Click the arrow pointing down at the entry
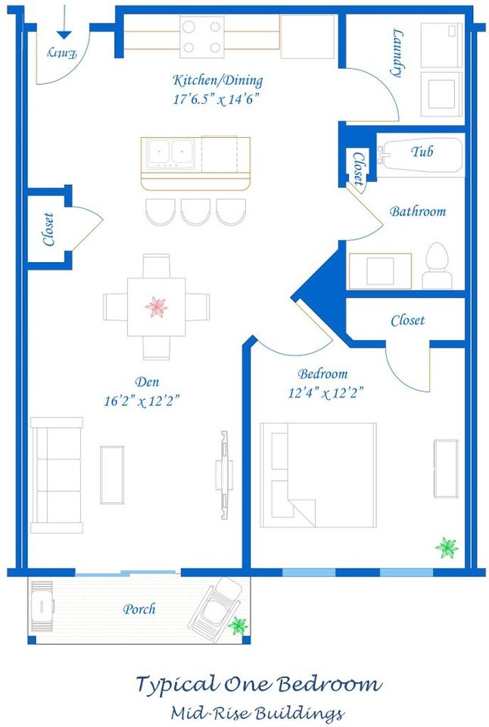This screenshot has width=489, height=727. pos(64,22)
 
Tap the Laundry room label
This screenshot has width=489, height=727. pos(397,52)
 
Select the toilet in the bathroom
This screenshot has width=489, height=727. pos(437,265)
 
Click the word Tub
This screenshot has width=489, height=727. pos(422,151)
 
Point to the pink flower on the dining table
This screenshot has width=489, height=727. pos(156,307)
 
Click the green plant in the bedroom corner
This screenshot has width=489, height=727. pos(447,548)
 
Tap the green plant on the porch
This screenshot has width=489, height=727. pos(238,626)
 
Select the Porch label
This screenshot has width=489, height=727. pos(139,609)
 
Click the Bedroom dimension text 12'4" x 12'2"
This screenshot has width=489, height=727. pos(325,394)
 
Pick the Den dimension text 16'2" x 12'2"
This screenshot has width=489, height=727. pos(142,401)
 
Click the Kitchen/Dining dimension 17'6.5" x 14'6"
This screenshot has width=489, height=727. pos(216,98)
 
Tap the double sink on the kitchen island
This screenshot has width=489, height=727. pos(170,152)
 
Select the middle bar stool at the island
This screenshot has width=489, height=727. pos(195,211)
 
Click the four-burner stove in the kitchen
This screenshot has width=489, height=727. pos(201,36)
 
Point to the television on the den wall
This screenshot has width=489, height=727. pos(224,475)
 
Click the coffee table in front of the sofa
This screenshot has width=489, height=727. pos(112,475)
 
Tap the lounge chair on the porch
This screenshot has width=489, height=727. pos(216,609)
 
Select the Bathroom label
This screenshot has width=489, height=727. pos(418,211)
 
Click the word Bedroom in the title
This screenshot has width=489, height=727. pos(330,685)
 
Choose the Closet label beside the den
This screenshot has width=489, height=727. pos(48,229)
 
